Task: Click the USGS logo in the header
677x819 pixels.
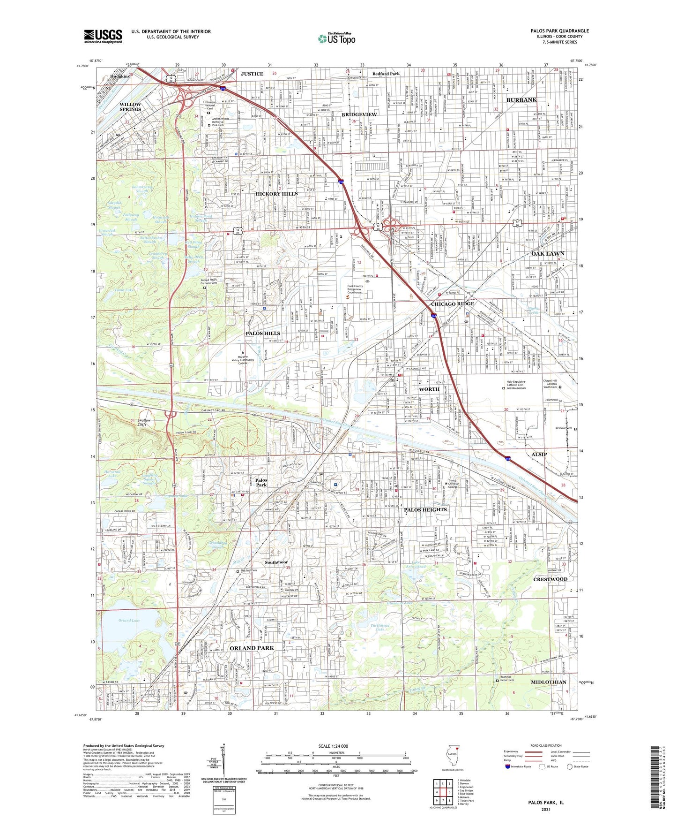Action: click(x=103, y=36)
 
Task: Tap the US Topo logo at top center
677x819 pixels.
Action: click(x=336, y=38)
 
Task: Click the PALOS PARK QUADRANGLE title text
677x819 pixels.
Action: click(x=559, y=31)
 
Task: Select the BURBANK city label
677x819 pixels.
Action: click(x=521, y=100)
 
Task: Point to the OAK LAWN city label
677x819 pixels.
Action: click(x=548, y=254)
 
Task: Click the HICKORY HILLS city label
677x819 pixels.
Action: click(x=276, y=194)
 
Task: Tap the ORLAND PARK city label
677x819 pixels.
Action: click(x=252, y=648)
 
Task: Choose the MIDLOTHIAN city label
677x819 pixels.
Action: click(x=548, y=682)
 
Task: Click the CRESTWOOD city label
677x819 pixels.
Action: click(x=550, y=579)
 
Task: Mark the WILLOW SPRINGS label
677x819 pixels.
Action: click(x=130, y=107)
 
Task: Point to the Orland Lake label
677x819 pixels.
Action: click(x=129, y=620)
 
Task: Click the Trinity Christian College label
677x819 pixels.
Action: click(x=459, y=484)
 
